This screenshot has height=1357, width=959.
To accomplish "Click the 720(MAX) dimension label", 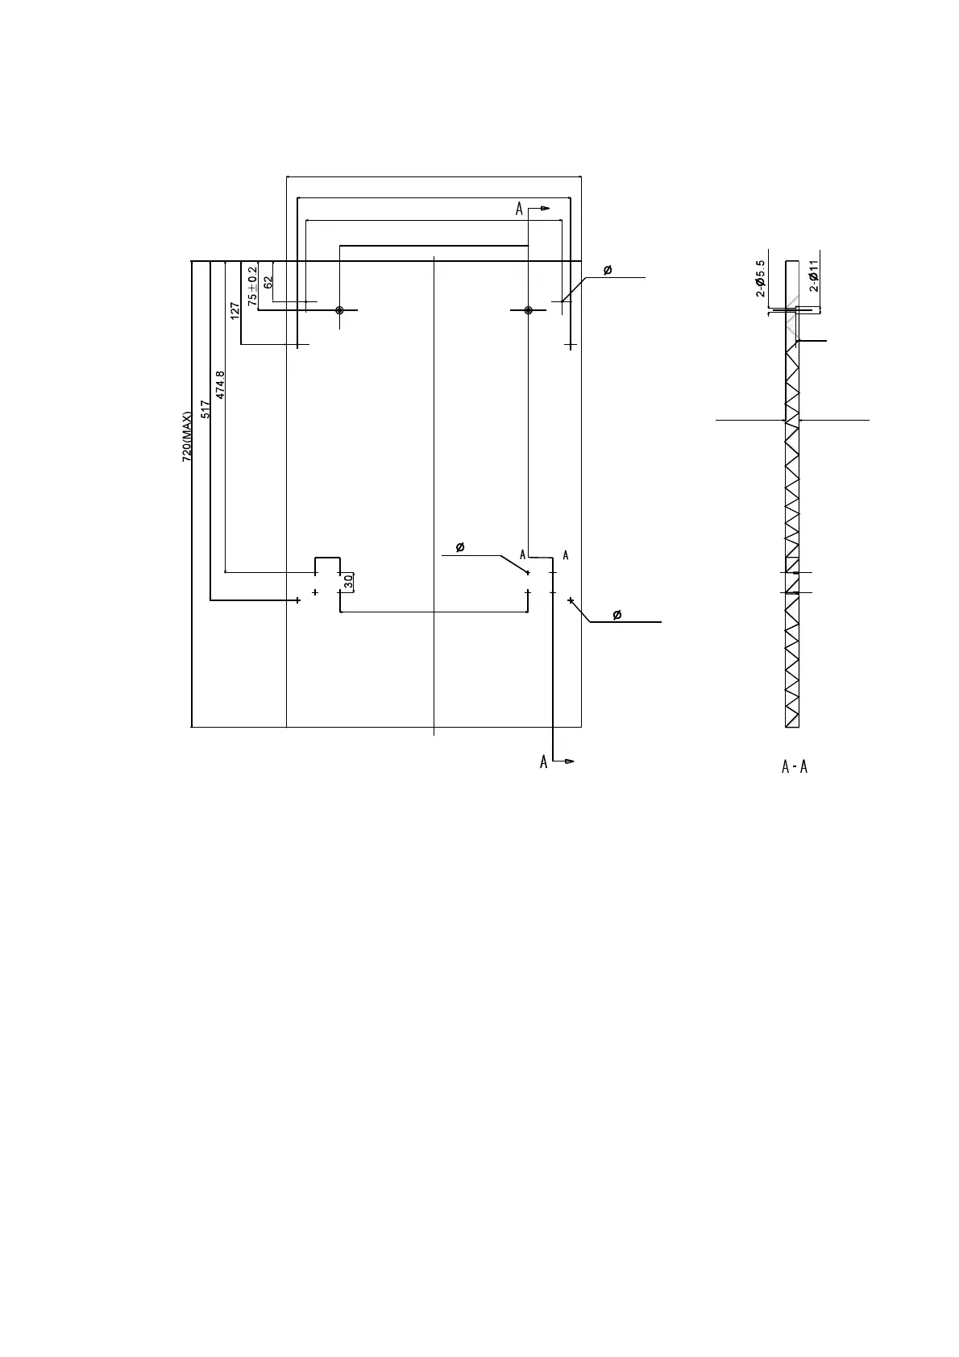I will click(x=187, y=436).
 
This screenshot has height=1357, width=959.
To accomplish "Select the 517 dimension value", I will click(x=205, y=409).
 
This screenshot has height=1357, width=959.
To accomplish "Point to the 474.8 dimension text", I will click(x=221, y=384).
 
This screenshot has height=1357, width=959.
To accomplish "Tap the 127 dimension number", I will click(x=235, y=311).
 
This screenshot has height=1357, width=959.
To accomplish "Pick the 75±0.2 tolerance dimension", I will click(x=253, y=286).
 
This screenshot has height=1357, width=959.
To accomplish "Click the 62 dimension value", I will click(x=268, y=282).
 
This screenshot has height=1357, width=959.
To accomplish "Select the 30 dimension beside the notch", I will click(x=348, y=580).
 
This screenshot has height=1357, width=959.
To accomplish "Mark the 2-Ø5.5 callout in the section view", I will click(x=760, y=278).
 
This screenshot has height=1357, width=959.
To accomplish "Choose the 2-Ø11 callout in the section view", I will click(x=814, y=276).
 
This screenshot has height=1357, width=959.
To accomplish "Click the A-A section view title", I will click(x=795, y=767).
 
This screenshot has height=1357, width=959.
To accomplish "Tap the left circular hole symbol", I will click(x=340, y=310).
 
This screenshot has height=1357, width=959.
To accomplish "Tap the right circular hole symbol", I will click(x=528, y=310).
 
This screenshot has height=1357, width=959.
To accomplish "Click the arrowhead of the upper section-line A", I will click(x=546, y=209).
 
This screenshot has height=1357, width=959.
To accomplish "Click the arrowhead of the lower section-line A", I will click(x=570, y=761).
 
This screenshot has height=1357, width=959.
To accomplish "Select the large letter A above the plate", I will click(x=520, y=210).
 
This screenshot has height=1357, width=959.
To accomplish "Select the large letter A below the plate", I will click(x=544, y=761).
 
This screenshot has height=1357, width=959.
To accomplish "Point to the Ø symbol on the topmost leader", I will click(x=607, y=270).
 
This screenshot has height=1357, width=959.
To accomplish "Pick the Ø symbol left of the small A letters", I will click(x=460, y=548).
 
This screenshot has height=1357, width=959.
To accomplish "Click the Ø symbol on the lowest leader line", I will click(x=617, y=616).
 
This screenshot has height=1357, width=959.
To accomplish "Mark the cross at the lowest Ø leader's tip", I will click(x=571, y=600).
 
